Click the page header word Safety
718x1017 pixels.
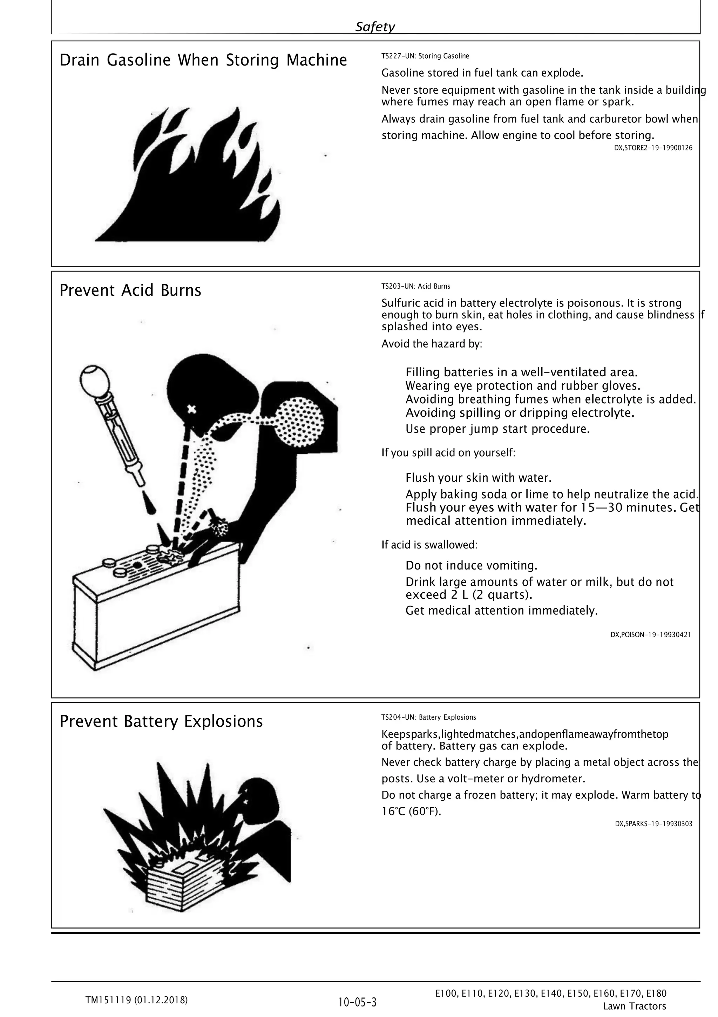click(375, 27)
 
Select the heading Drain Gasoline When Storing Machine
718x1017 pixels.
click(203, 60)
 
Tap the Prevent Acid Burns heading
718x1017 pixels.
click(130, 290)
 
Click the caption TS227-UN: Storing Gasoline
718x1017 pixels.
click(425, 56)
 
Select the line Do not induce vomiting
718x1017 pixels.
click(471, 566)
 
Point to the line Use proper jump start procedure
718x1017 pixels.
click(497, 429)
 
